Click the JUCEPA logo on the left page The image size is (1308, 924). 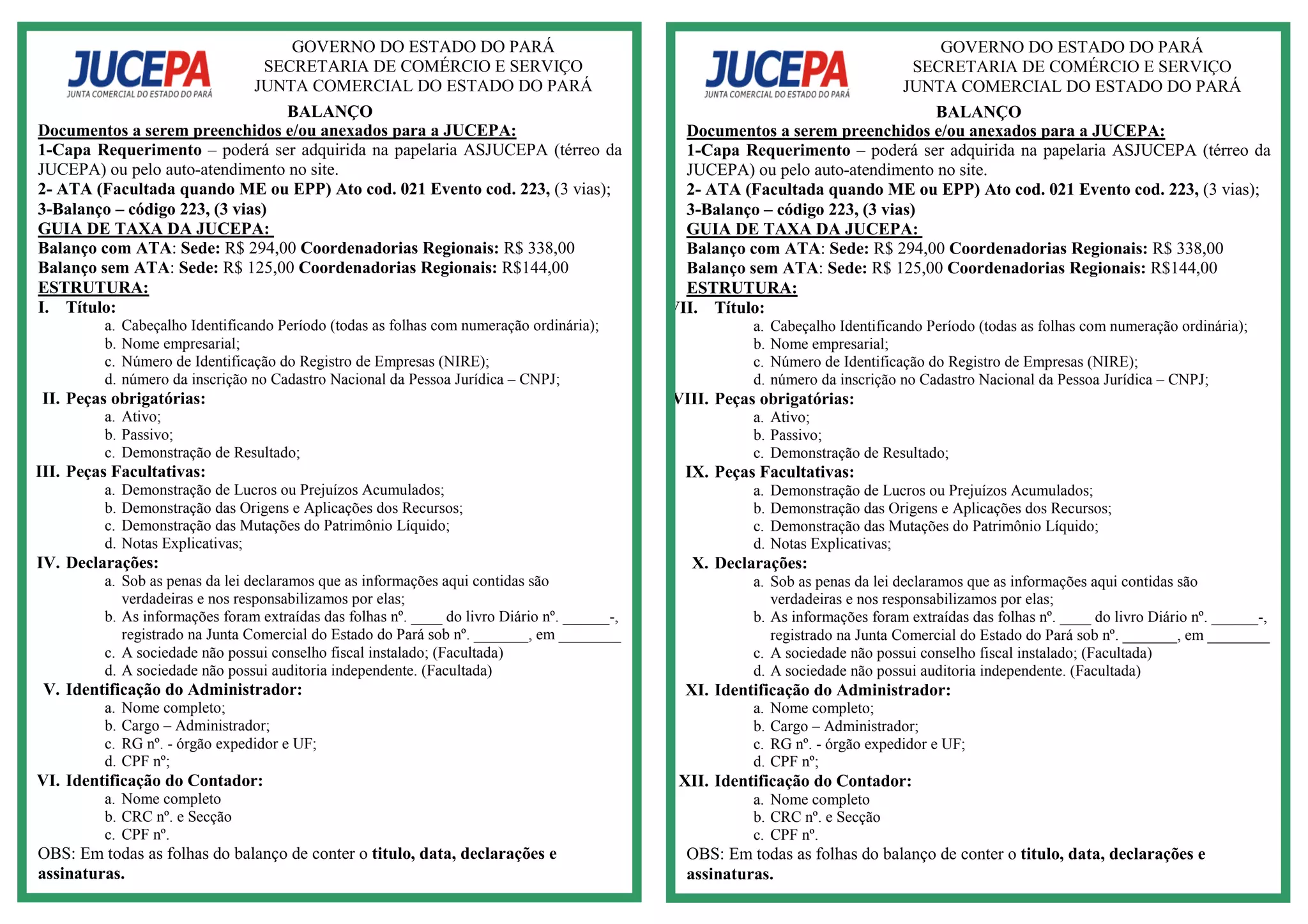click(x=139, y=73)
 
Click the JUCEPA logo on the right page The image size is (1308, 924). click(x=777, y=73)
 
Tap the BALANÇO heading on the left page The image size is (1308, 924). click(x=330, y=112)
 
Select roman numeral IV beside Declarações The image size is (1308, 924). click(x=49, y=563)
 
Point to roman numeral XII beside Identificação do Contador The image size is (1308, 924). click(x=694, y=781)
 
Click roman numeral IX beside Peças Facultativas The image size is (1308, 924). click(x=697, y=472)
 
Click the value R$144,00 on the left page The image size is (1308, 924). click(x=535, y=268)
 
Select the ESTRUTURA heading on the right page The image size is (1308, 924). click(x=741, y=288)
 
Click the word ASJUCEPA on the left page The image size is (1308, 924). click(x=505, y=150)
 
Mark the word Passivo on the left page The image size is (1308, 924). click(x=147, y=435)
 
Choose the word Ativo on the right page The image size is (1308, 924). click(x=789, y=418)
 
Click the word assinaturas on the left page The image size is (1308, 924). click(x=81, y=874)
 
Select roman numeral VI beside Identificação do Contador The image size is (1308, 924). click(x=49, y=780)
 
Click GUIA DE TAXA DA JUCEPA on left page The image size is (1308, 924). click(x=154, y=229)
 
